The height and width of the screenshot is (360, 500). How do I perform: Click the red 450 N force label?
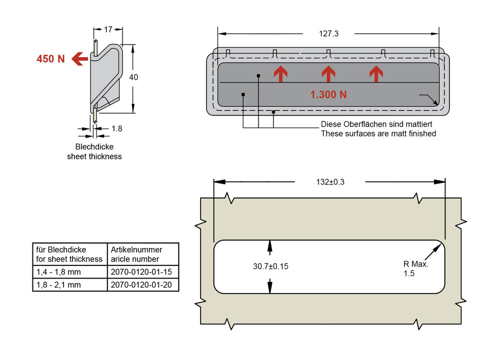pyautogui.click(x=50, y=58)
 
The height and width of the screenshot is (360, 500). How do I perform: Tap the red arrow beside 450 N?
pyautogui.click(x=79, y=59)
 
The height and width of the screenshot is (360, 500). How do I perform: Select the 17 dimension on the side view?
pyautogui.click(x=108, y=29)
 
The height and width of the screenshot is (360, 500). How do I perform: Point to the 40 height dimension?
pyautogui.click(x=133, y=77)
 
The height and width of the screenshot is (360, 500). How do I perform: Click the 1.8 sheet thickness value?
pyautogui.click(x=116, y=128)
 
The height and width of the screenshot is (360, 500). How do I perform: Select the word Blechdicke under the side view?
pyautogui.click(x=94, y=147)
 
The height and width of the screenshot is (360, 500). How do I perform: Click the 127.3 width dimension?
pyautogui.click(x=328, y=34)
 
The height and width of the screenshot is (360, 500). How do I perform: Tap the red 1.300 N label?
pyautogui.click(x=328, y=94)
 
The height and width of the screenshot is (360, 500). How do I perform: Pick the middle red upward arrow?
pyautogui.click(x=328, y=74)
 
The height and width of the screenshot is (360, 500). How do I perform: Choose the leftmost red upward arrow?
pyautogui.click(x=280, y=74)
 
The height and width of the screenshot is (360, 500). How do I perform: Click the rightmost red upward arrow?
pyautogui.click(x=376, y=74)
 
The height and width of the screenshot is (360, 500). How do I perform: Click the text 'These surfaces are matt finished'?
pyautogui.click(x=378, y=133)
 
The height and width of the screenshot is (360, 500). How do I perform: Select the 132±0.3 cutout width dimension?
pyautogui.click(x=330, y=182)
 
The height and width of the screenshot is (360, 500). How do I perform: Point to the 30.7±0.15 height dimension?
pyautogui.click(x=270, y=266)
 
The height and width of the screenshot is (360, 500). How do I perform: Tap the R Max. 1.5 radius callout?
pyautogui.click(x=416, y=268)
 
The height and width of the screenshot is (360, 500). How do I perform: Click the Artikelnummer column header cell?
pyautogui.click(x=142, y=254)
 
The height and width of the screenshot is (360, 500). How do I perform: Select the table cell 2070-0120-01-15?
pyautogui.click(x=142, y=272)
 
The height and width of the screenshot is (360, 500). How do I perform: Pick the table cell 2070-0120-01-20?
pyautogui.click(x=142, y=285)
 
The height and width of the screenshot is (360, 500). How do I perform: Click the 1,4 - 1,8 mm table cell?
pyautogui.click(x=69, y=272)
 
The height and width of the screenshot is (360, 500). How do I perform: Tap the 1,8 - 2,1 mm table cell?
pyautogui.click(x=69, y=285)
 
